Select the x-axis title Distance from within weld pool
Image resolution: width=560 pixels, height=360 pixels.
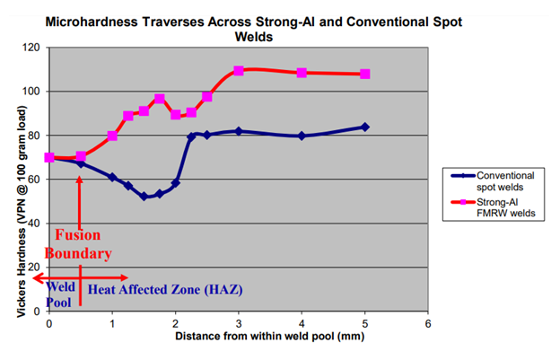[x=238, y=337]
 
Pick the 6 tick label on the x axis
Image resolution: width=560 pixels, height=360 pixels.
[x=428, y=322]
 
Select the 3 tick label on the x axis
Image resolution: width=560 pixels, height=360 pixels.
[x=239, y=322]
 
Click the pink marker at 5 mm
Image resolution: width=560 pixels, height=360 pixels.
[x=365, y=74]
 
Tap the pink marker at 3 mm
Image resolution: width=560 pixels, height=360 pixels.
[x=239, y=71]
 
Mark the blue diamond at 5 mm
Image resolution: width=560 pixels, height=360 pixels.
[x=365, y=127]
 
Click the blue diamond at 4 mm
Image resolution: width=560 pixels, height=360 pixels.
[x=302, y=136]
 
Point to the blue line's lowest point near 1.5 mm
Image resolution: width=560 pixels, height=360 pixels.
[x=144, y=196]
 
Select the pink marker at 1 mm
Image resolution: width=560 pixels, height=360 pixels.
[x=112, y=136]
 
